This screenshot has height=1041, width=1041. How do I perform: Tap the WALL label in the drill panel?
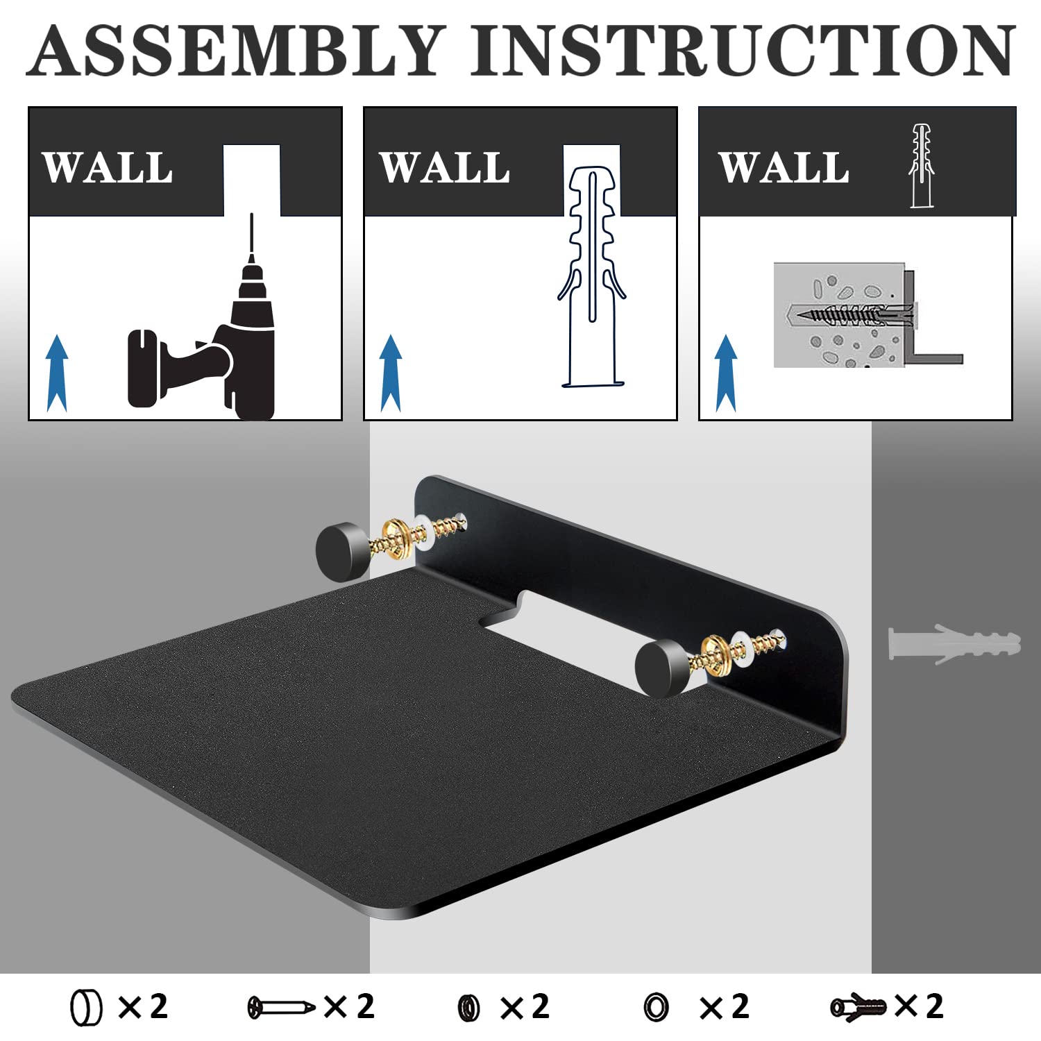(x=108, y=168)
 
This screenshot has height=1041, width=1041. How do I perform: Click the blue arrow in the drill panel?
(x=57, y=373)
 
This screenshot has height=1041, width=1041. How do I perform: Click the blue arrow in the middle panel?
(x=391, y=373)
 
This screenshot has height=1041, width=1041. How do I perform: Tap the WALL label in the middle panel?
(x=445, y=168)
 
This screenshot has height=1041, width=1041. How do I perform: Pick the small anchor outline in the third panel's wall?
(x=921, y=166)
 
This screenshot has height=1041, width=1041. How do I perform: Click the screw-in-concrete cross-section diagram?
(x=868, y=315)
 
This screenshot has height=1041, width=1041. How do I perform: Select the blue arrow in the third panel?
(x=725, y=373)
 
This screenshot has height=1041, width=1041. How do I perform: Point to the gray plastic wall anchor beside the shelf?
(x=954, y=644)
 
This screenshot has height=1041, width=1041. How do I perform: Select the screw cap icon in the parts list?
(x=86, y=1008)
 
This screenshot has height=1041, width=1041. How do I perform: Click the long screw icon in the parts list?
(x=281, y=1007)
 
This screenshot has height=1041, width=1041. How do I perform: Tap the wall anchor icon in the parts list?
(x=858, y=1007)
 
